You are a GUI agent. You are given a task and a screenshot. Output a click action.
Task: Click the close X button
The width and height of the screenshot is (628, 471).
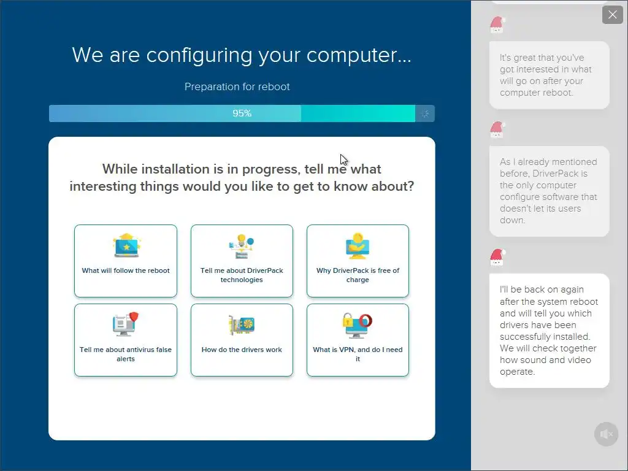[613, 15]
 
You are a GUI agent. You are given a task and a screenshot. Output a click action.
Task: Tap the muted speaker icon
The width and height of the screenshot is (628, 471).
[607, 434]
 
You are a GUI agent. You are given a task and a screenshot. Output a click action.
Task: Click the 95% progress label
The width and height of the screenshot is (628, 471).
[242, 113]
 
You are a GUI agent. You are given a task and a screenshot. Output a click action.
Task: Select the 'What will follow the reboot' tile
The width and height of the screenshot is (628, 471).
[126, 261]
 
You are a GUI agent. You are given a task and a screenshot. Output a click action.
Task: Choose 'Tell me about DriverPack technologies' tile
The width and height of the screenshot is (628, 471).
[242, 261]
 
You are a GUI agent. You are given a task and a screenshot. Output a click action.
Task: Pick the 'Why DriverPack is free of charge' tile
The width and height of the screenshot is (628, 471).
[358, 261]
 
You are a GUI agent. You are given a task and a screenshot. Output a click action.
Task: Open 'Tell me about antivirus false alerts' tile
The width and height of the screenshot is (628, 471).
[126, 340]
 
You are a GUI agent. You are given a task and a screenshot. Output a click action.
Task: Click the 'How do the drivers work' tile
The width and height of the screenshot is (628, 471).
[242, 340]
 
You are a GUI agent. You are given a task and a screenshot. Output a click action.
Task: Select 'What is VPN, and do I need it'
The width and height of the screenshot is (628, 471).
[358, 340]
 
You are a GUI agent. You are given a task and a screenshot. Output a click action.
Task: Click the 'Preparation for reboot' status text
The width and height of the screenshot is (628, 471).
[237, 86]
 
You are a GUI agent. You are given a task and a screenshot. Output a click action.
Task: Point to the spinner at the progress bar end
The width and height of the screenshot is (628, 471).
[425, 113]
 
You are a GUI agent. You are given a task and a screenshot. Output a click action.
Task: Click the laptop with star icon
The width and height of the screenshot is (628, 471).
[126, 245]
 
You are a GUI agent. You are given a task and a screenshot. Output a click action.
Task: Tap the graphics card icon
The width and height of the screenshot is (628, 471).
[242, 324]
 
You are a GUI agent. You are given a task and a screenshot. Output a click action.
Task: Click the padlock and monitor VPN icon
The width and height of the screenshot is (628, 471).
[358, 325]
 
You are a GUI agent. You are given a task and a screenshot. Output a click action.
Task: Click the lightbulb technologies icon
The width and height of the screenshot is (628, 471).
[242, 246]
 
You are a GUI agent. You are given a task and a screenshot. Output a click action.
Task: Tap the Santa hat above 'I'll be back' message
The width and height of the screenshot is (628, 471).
[497, 257]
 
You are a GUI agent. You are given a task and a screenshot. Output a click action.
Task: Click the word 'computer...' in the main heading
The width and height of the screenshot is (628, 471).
[359, 55]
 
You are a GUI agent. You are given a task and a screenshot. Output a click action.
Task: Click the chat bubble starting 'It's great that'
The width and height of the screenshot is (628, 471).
[549, 75]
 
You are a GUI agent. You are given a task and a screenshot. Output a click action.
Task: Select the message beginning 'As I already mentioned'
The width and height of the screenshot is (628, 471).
[549, 191]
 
